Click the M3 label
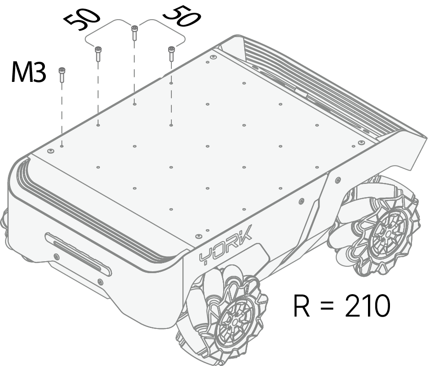point(28,72)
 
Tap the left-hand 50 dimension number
point(82,19)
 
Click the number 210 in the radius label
point(368,305)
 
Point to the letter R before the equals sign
point(302,306)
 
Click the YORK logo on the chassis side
point(225,245)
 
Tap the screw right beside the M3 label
point(62,75)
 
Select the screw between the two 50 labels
point(135,32)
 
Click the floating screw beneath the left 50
point(98,54)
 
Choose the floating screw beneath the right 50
point(171,54)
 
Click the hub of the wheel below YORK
point(234,322)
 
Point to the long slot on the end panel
point(78,254)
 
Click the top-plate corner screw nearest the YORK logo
point(198,236)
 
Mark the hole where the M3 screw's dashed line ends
point(62,146)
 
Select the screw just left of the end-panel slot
point(56,257)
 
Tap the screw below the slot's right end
point(100,282)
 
